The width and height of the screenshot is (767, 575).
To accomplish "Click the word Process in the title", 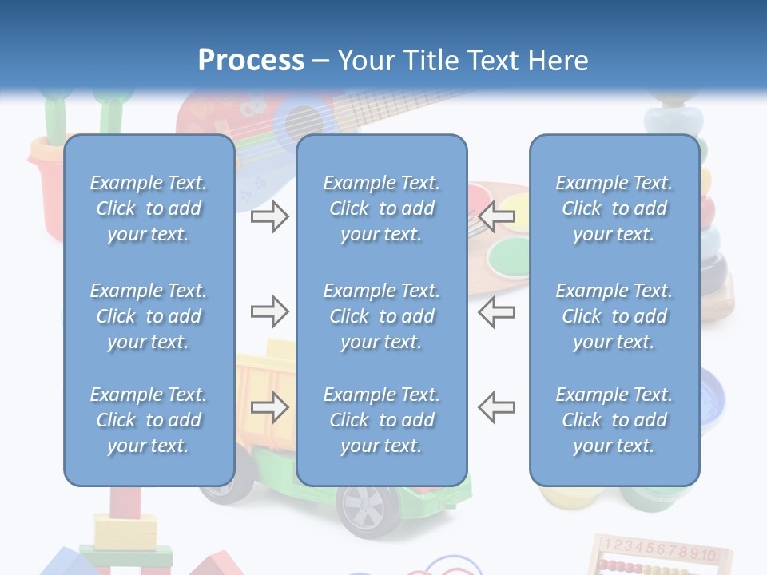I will pos(251,60).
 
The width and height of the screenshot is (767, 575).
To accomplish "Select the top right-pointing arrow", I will pos(270,216).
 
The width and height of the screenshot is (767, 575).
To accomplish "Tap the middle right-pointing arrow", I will pos(270,311).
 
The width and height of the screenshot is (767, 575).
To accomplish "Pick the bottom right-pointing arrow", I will pos(270,407).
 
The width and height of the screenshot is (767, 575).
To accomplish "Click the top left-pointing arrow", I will pos(496,216).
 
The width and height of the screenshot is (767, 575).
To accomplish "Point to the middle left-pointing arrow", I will pos(496,311).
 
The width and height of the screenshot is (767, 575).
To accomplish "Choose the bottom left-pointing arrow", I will pos(496,407).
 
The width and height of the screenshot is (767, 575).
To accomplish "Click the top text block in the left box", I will pos(149,208).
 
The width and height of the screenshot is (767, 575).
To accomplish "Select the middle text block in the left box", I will pos(149,316).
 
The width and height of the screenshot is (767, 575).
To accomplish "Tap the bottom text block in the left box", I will pos(149,420).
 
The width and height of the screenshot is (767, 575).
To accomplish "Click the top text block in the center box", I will pos(381,208).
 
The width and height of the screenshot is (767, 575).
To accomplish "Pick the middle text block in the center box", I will pos(381,316).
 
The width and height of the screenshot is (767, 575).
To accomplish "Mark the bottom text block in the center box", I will pos(381,420).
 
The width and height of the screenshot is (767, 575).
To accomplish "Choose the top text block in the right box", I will pos(614,208).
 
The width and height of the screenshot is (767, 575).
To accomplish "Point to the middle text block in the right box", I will pos(614,316).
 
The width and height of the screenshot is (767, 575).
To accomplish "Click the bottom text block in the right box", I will pos(614,420).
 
